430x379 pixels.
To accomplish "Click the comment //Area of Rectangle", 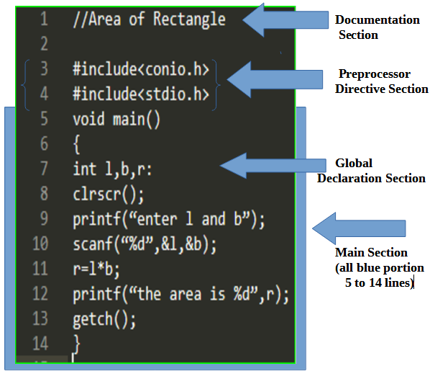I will point(149,19).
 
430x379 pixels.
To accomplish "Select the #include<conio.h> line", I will point(141,69).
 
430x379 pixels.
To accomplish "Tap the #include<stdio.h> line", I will point(141,94).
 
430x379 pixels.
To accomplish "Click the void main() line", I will point(116,118).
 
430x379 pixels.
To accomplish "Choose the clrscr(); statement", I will point(109,194).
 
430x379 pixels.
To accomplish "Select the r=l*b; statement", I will point(96,269).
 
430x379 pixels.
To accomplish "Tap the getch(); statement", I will point(104,319).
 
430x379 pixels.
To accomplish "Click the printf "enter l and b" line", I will point(169,219).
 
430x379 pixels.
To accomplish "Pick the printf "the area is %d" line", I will point(180,295).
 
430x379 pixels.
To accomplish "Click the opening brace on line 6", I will point(76,144).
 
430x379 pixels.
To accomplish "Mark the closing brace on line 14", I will point(76,343).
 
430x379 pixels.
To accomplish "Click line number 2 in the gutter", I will point(44,45).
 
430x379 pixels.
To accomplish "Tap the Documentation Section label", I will point(378,27).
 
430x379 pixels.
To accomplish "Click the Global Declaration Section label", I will point(371,171).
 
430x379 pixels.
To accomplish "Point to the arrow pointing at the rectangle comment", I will point(282,20).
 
